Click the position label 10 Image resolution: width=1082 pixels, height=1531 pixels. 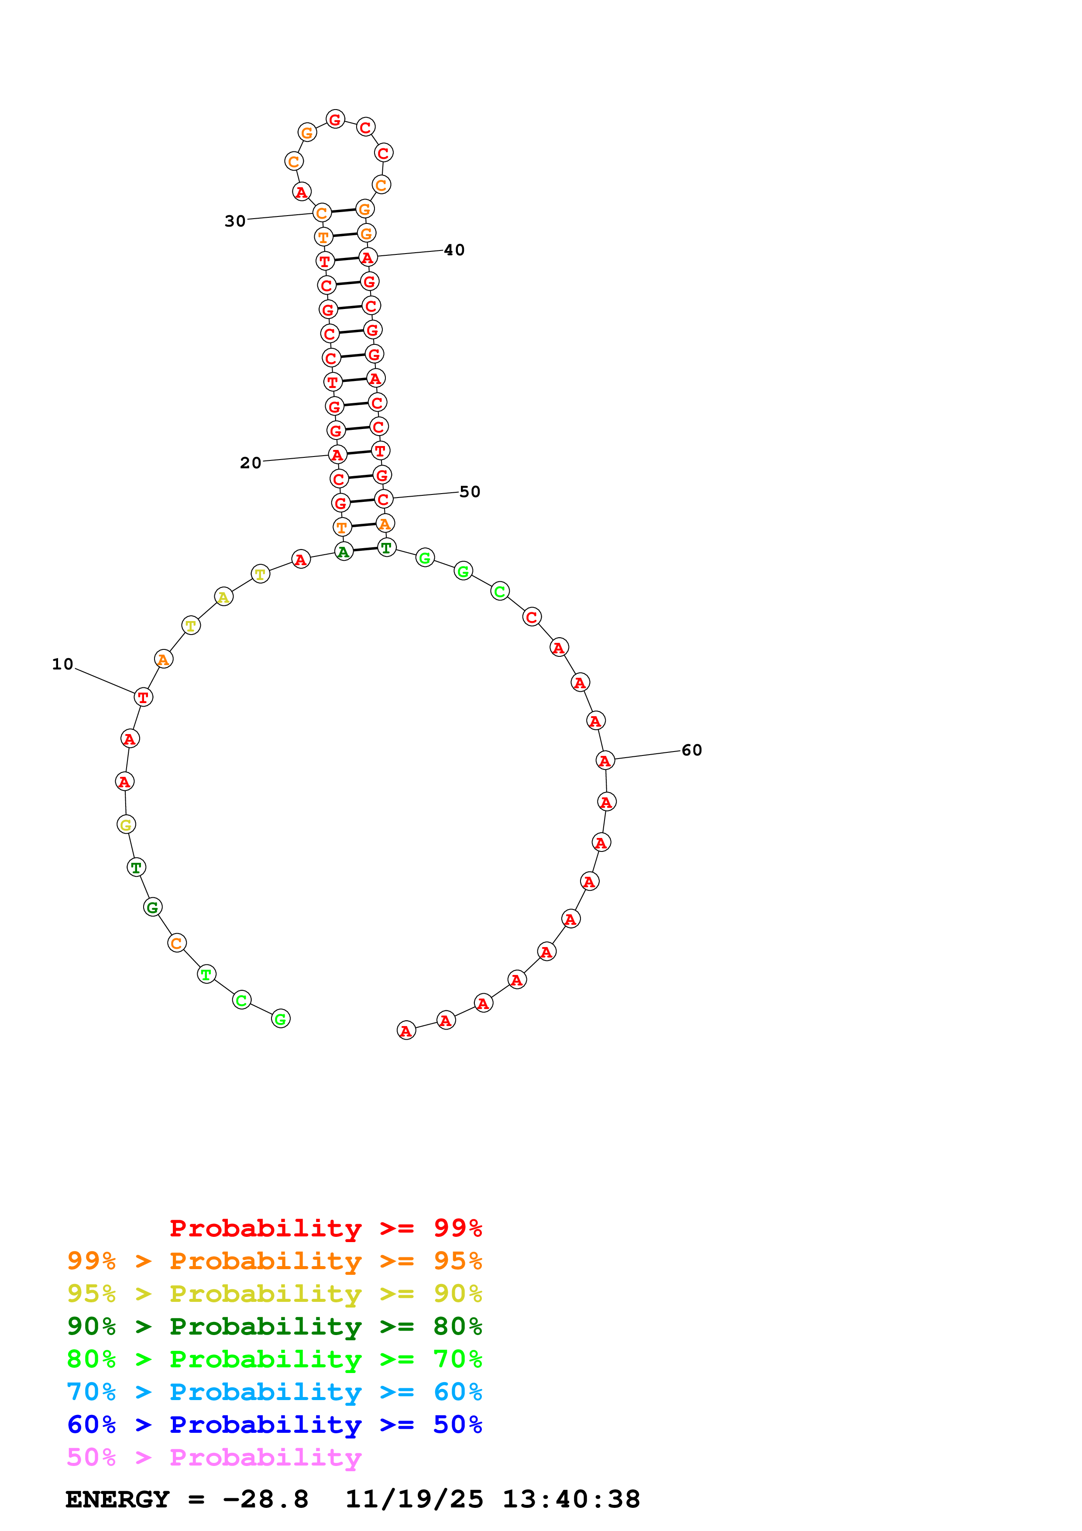[63, 664]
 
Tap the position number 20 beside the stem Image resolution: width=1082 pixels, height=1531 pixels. [251, 463]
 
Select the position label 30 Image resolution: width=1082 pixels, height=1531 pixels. [235, 221]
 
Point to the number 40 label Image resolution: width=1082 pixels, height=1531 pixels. [454, 250]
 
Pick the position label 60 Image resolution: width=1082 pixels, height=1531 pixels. [691, 750]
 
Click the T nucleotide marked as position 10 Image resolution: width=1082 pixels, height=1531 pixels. [143, 697]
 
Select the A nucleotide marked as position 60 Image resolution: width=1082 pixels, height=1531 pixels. [605, 760]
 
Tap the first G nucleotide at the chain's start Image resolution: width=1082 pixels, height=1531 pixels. [281, 1019]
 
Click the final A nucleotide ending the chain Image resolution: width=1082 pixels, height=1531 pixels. [406, 1031]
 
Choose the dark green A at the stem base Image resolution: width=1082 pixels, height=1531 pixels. [343, 552]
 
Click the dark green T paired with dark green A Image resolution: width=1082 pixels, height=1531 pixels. [386, 547]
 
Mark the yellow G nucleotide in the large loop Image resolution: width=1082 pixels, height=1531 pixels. [126, 825]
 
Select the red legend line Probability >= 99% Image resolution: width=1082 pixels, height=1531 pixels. [325, 1228]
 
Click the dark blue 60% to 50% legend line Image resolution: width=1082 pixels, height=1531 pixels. [274, 1425]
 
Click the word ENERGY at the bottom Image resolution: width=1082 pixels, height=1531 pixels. [117, 1499]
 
